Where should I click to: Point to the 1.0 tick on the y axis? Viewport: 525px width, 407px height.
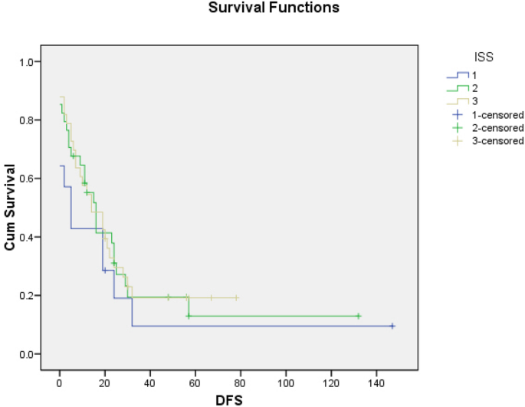(31, 62)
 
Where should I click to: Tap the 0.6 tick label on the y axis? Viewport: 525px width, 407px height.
(31, 179)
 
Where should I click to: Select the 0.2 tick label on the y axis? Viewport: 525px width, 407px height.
(31, 296)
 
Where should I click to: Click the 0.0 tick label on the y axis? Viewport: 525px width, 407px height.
(31, 354)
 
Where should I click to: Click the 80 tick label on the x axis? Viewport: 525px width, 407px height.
(241, 381)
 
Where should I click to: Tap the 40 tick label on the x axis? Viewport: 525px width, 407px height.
(150, 381)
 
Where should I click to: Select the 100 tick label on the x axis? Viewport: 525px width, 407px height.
(286, 381)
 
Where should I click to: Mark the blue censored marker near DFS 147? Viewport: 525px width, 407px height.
(392, 326)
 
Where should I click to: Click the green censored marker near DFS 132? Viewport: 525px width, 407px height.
(358, 316)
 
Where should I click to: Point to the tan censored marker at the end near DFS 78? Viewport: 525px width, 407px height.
(236, 297)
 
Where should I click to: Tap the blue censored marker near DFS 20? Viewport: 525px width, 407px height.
(105, 270)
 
